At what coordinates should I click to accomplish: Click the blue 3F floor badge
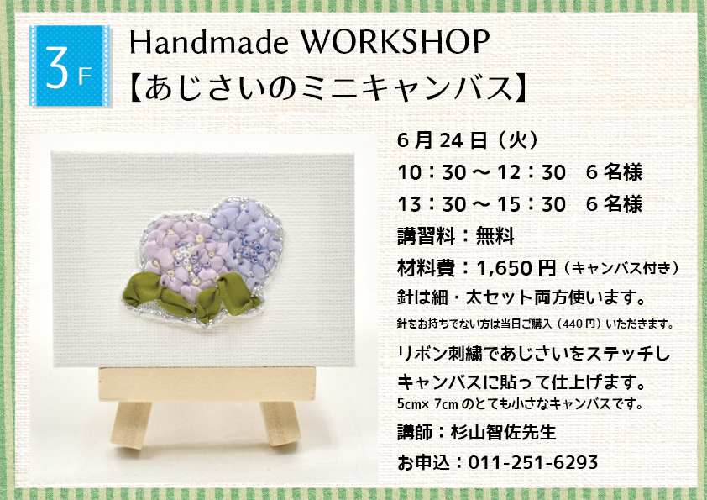click(70, 66)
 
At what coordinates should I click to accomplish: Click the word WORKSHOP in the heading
click(395, 42)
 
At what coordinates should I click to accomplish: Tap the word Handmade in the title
click(209, 42)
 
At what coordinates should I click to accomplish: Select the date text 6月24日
click(443, 141)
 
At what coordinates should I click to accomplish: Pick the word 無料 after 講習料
click(495, 236)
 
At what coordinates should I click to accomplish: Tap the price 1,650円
click(516, 269)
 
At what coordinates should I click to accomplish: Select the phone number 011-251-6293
click(533, 462)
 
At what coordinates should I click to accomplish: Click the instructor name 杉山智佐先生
click(503, 432)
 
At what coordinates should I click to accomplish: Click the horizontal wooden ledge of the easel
click(207, 384)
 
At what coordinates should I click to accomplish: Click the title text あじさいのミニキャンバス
click(329, 87)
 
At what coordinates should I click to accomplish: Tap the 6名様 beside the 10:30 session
click(614, 172)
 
